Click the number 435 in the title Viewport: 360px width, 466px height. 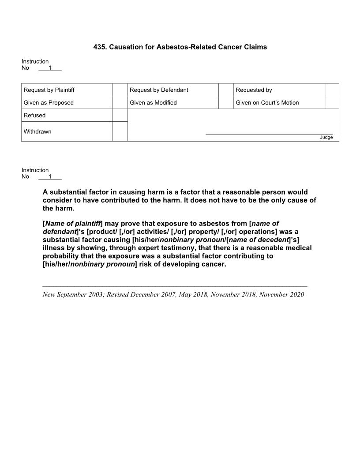99,47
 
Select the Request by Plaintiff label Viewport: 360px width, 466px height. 49,90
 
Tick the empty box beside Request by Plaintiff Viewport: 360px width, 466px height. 120,90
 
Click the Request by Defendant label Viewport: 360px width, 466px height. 159,90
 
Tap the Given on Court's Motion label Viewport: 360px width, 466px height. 267,103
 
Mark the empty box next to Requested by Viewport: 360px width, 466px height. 332,90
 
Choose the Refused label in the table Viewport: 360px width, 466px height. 34,116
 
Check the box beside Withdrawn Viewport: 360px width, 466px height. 120,132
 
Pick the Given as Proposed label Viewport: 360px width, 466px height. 49,103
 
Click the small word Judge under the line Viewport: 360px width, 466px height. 326,137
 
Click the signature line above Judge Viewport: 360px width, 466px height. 269,134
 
